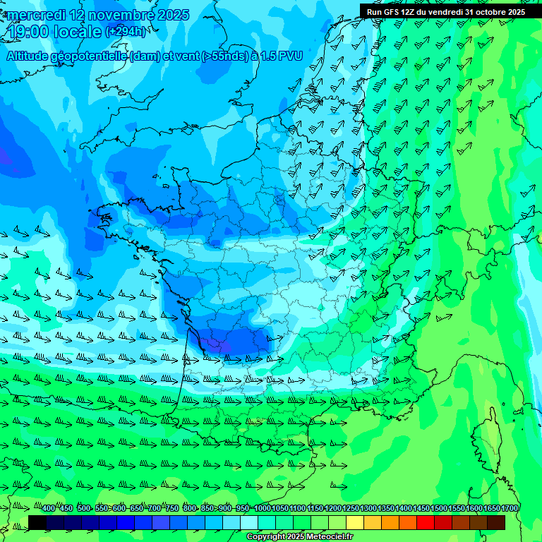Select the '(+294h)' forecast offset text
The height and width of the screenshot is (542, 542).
[126, 32]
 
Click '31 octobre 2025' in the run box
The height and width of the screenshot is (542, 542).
[495, 11]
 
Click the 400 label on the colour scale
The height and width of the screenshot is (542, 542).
[48, 509]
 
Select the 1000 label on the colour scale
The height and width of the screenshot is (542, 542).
[263, 509]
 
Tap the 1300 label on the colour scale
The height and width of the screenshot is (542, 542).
[368, 509]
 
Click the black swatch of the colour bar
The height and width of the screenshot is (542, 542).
[37, 522]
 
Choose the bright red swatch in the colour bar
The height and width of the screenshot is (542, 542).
[426, 522]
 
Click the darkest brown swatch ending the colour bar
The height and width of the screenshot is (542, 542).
[496, 522]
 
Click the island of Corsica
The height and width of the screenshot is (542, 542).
[486, 438]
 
